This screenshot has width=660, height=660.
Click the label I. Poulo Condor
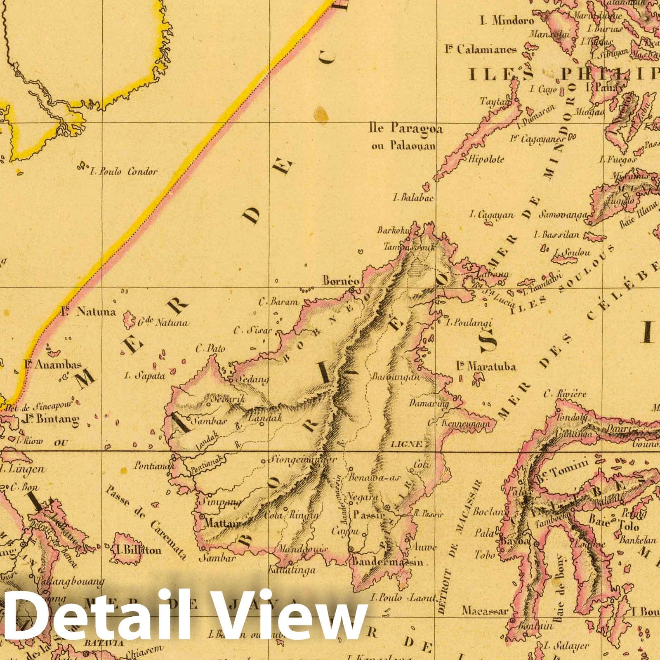click(x=124, y=171)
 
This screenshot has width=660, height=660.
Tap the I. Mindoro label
click(x=507, y=20)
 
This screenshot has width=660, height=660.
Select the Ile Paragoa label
click(x=406, y=129)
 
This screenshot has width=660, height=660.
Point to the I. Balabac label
click(x=413, y=198)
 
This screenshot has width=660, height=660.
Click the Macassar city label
click(x=485, y=610)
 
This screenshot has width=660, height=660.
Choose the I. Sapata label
click(x=145, y=375)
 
